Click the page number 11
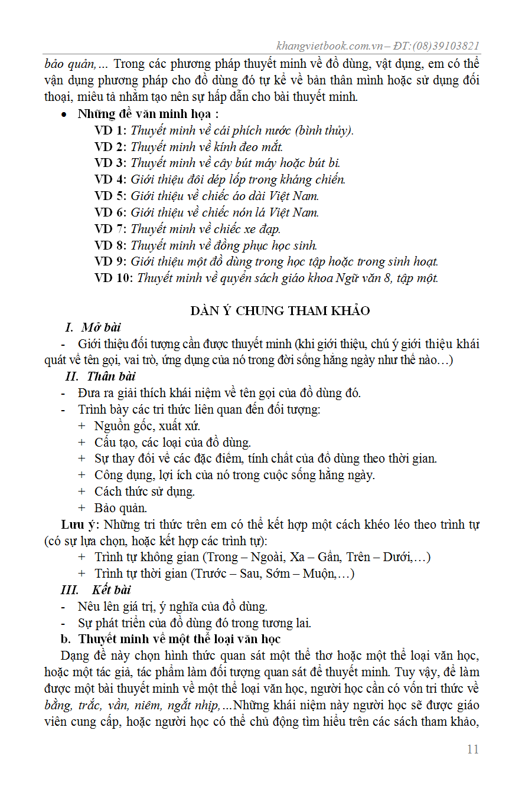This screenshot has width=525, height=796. (472, 749)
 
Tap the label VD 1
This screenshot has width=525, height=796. (110, 130)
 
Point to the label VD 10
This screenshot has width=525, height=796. (113, 278)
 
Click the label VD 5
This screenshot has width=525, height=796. (110, 196)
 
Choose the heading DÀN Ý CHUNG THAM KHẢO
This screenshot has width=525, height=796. (280, 311)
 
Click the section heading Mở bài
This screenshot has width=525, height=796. (101, 327)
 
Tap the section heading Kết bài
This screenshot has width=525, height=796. (112, 589)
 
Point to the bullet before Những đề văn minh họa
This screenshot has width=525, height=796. (64, 114)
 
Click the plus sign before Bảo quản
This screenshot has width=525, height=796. (81, 507)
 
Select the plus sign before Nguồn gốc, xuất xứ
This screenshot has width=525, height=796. (81, 425)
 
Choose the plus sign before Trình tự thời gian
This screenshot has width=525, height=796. (81, 573)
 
